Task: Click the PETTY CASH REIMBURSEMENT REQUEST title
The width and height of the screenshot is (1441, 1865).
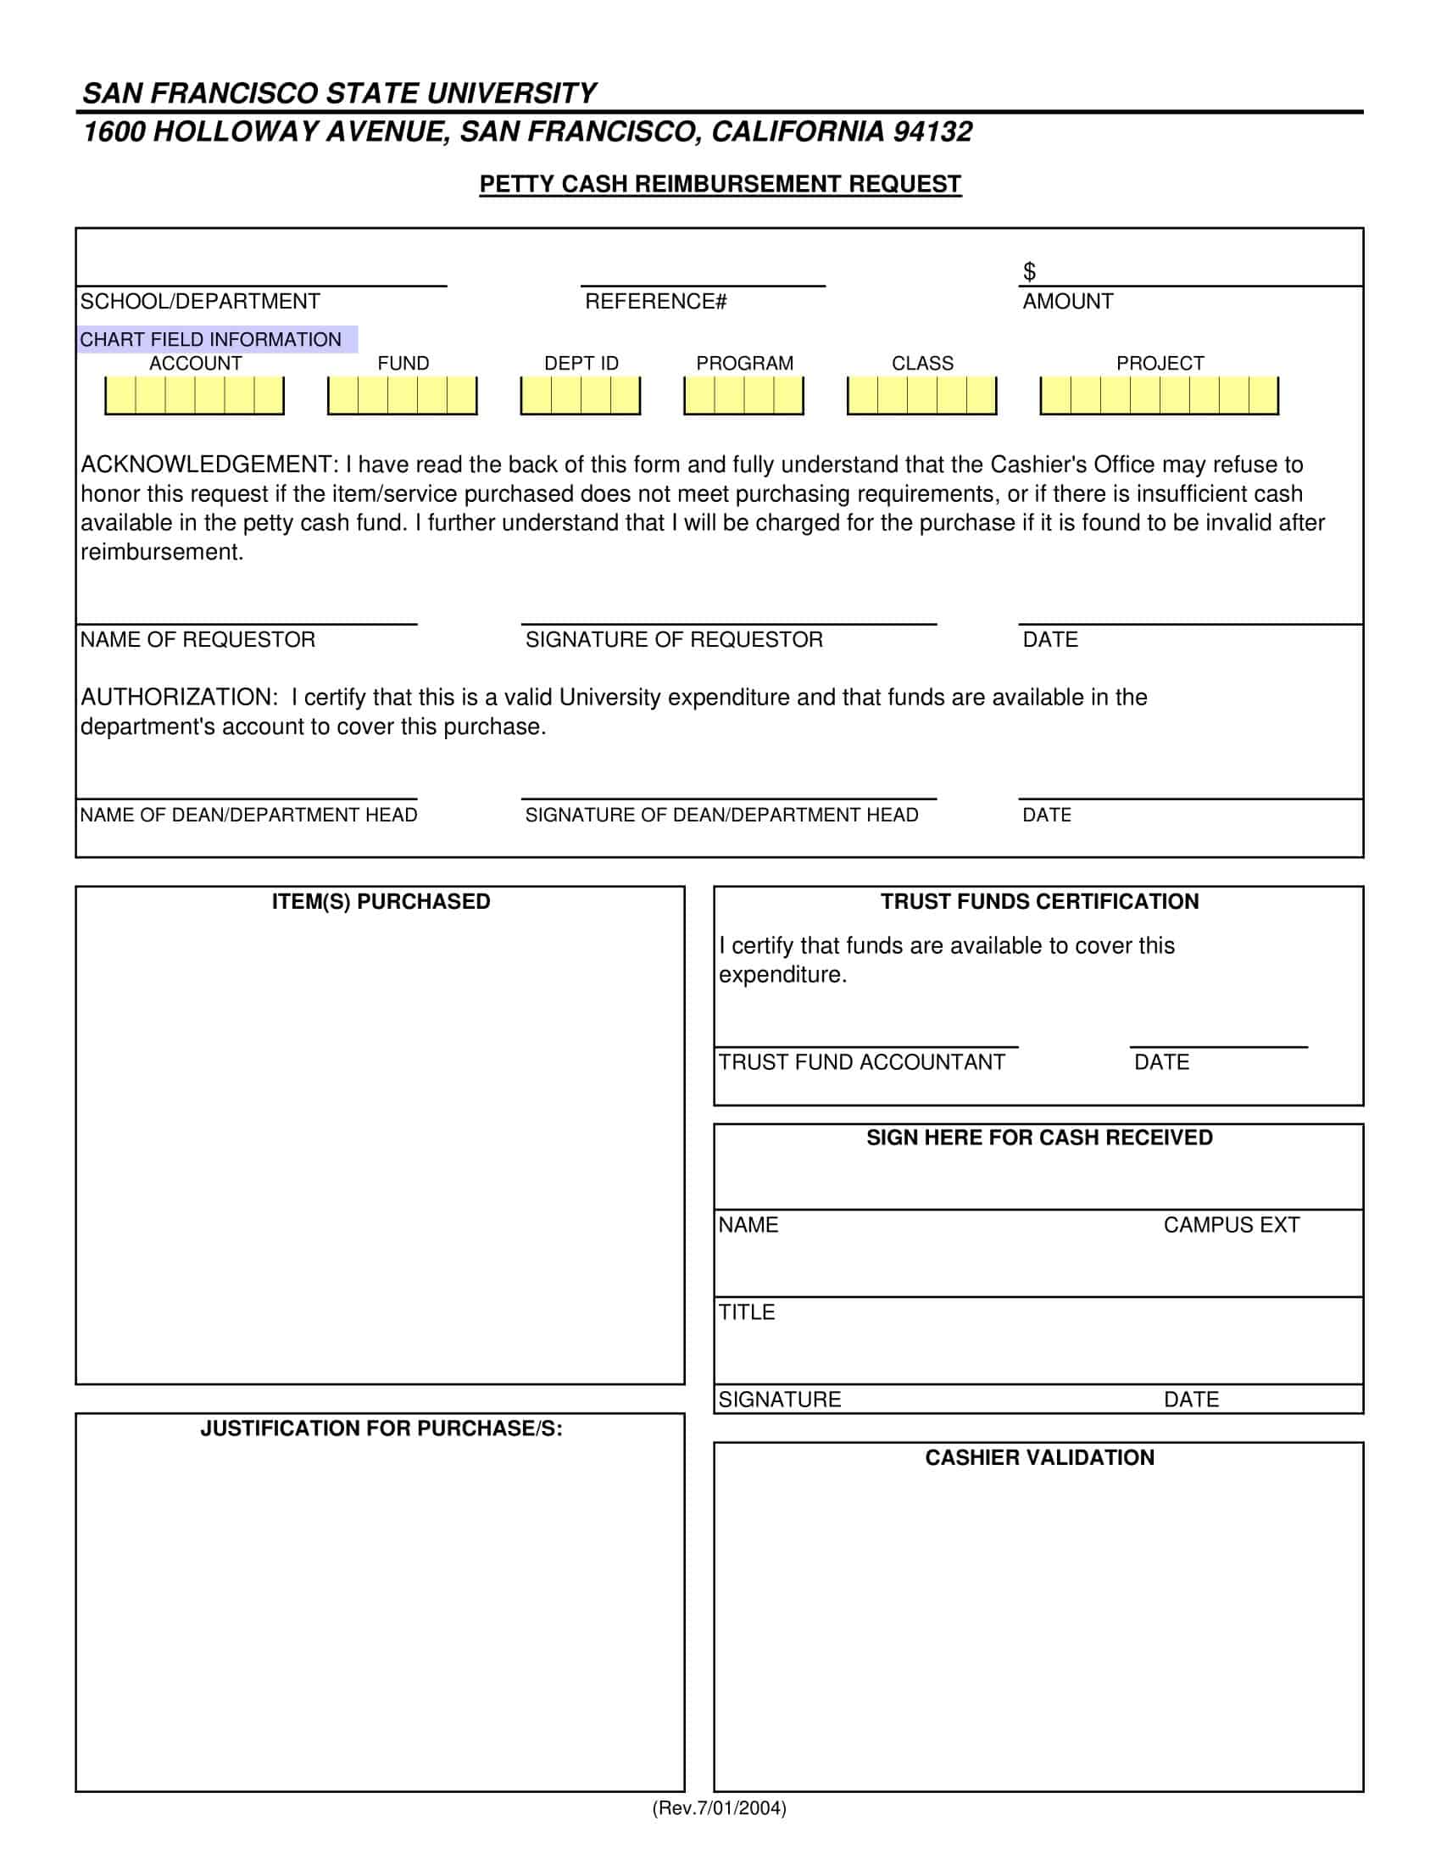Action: point(720,185)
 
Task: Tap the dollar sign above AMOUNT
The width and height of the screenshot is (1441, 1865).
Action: point(1029,271)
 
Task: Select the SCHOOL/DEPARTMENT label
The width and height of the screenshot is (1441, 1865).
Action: point(200,302)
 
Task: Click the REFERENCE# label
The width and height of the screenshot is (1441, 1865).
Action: point(654,302)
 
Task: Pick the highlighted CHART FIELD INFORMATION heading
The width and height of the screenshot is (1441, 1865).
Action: point(211,339)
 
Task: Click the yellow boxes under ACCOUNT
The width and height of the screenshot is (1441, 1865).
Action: point(195,395)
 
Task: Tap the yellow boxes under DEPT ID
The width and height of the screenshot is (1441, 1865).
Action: point(581,395)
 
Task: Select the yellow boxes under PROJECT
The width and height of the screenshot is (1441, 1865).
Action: point(1159,395)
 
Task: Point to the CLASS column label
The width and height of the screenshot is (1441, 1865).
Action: point(922,363)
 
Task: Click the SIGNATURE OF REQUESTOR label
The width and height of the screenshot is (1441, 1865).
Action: point(674,639)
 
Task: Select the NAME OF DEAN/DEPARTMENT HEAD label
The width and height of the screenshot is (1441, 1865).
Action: point(248,815)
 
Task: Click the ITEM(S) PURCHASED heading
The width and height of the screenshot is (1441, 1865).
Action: point(381,902)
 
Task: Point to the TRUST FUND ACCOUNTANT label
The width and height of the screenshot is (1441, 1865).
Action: point(861,1062)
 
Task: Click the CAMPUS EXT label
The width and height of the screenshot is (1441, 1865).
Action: point(1230,1225)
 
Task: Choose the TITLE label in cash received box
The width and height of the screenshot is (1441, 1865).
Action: point(746,1311)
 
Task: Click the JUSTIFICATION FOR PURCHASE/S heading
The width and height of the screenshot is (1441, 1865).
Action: point(381,1428)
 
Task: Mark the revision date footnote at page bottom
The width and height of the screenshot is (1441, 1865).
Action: point(719,1808)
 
